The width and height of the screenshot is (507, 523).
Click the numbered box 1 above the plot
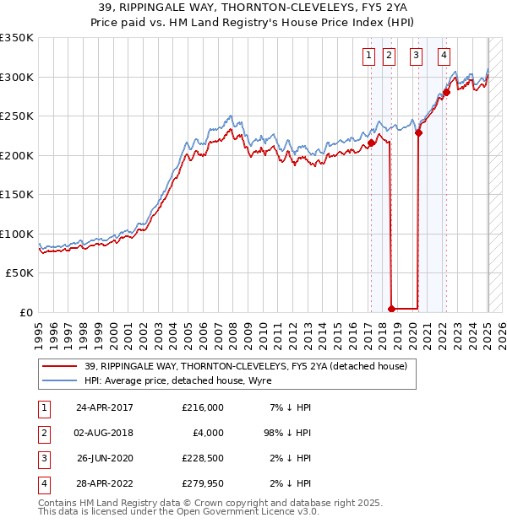370,57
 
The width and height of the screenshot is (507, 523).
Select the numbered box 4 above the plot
444,57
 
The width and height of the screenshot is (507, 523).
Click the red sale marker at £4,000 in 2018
390,310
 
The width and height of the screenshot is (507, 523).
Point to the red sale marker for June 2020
418,133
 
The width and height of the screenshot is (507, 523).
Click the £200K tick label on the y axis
16,155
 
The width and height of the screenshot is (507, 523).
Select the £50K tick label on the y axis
19,273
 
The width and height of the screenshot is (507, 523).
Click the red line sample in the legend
60,366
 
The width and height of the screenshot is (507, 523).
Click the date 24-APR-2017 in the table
105,407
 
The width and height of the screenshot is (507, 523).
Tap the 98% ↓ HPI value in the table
290,433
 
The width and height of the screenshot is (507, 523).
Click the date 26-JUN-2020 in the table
105,459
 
